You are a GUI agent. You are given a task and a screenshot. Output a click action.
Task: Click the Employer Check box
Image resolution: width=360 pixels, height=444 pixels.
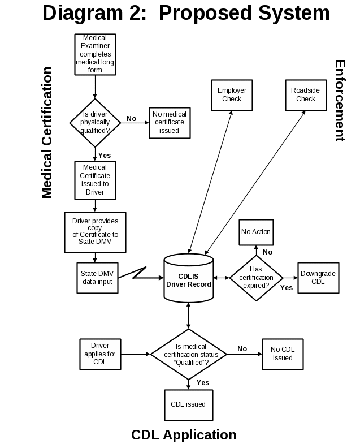tap(232, 95)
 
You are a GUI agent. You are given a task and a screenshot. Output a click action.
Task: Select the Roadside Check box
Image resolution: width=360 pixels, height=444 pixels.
tap(306, 95)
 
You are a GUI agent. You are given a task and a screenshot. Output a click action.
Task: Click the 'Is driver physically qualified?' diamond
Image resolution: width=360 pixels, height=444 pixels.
tap(95, 122)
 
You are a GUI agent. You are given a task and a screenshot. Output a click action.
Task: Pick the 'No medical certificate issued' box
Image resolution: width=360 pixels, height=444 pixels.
tap(169, 122)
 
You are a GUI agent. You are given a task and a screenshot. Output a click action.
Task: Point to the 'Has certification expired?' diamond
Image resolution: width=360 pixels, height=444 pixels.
tap(256, 278)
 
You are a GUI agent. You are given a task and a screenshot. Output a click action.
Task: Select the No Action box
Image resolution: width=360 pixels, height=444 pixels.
tap(256, 232)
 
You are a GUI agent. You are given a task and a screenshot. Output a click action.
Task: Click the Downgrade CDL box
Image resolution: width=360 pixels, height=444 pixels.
tap(318, 278)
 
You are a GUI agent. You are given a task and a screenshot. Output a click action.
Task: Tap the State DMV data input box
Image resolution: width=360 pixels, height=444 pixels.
tap(97, 278)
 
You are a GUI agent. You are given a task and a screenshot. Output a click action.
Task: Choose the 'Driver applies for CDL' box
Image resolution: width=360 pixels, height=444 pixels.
tap(100, 354)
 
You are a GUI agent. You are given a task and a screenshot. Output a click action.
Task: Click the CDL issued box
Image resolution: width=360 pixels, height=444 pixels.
tap(188, 404)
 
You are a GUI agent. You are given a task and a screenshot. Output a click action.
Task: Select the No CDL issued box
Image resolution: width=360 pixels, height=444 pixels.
tap(283, 354)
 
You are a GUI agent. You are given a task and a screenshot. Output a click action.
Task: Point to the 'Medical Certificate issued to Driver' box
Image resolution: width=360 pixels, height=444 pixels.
tap(95, 180)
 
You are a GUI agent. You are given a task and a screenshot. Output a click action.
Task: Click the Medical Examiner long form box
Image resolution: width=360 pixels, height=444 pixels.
tap(95, 54)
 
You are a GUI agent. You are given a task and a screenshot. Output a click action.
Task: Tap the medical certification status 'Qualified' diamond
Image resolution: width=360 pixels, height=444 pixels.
tap(188, 354)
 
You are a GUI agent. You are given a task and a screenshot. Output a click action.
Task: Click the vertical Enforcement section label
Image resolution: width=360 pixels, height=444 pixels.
tap(339, 101)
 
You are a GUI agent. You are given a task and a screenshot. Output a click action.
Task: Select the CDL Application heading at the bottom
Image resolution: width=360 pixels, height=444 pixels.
tap(184, 435)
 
